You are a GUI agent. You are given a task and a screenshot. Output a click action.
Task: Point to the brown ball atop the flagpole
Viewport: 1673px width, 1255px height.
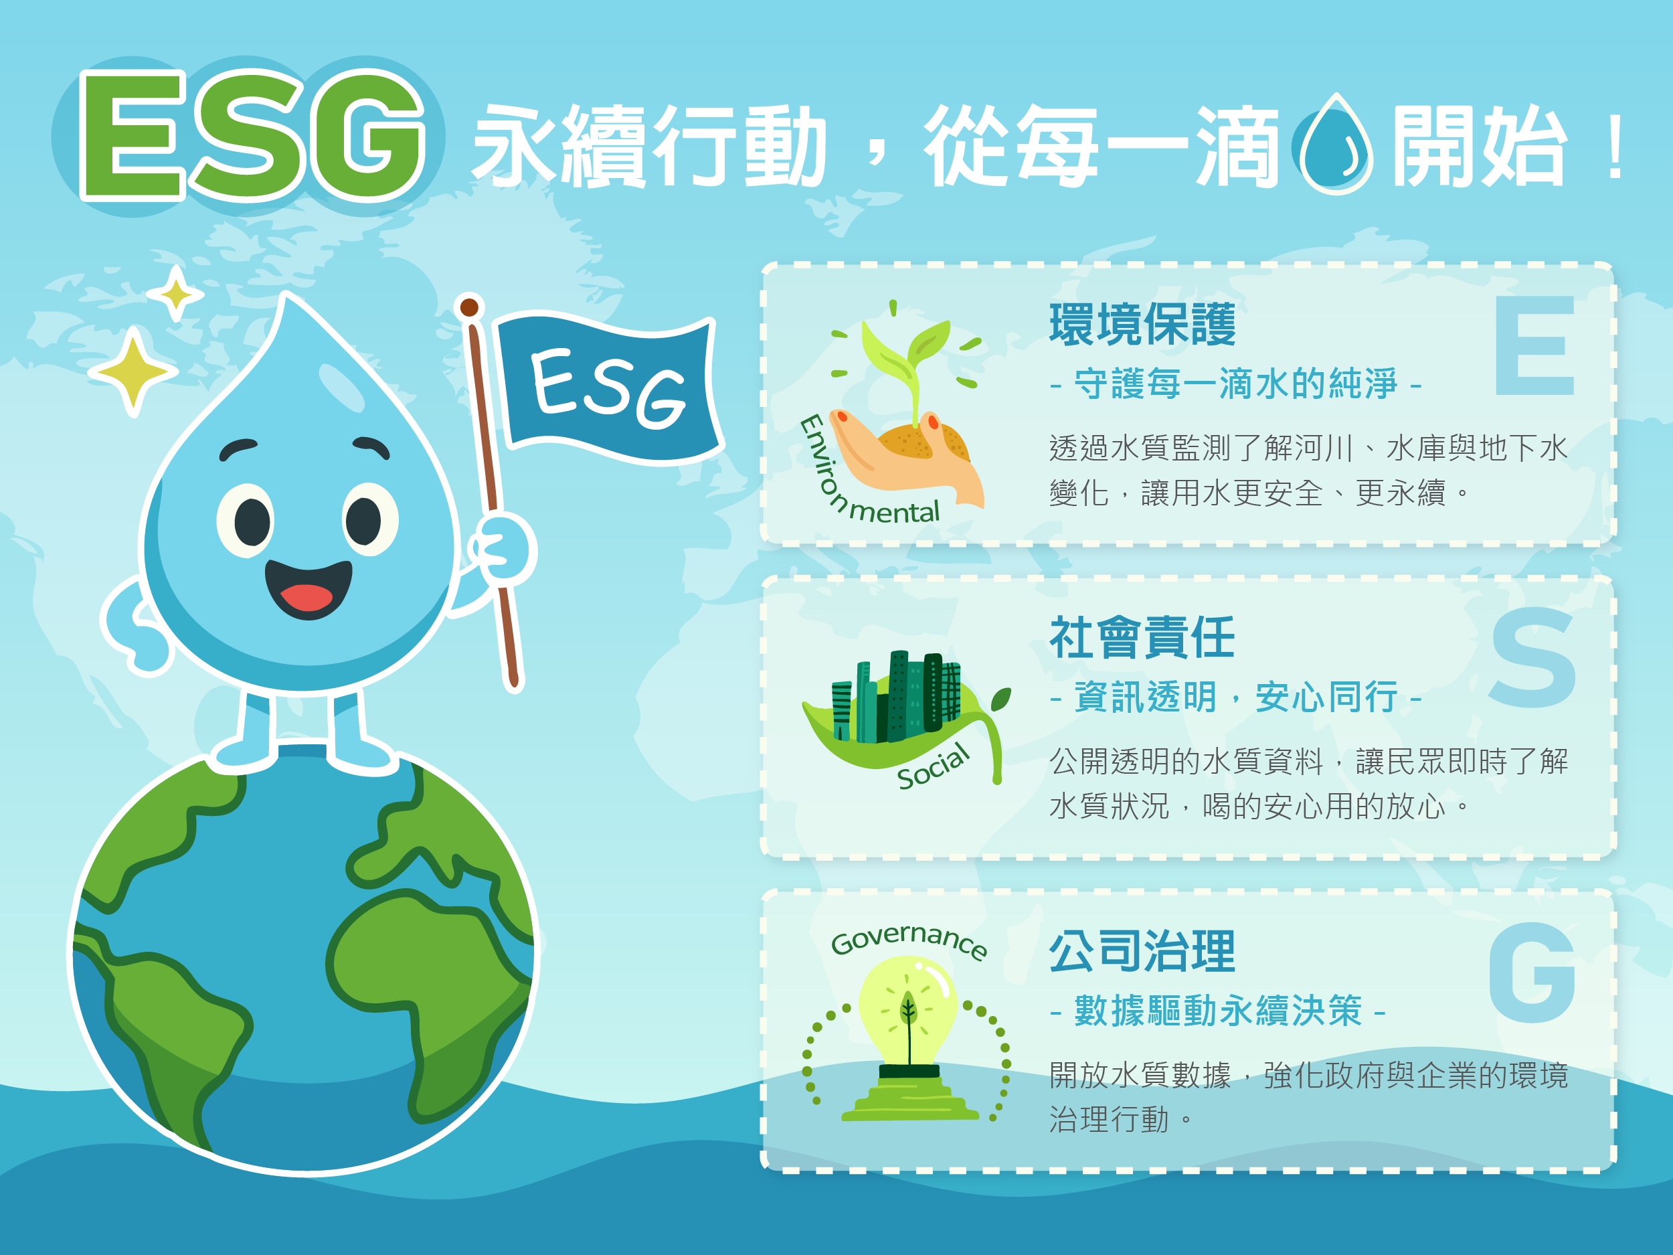(469, 307)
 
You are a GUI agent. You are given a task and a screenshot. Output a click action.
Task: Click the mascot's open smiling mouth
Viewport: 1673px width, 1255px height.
(309, 588)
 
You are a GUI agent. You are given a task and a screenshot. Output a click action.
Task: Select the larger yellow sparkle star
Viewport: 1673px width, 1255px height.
(133, 371)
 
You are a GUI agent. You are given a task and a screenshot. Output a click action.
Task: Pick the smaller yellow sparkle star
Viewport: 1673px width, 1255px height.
(176, 294)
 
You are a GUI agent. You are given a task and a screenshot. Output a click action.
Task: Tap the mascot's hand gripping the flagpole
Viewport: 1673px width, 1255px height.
(501, 548)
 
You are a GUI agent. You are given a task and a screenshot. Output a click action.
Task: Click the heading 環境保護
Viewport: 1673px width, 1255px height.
(1142, 325)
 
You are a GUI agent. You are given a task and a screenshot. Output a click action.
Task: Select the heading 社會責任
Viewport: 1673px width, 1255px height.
(1142, 638)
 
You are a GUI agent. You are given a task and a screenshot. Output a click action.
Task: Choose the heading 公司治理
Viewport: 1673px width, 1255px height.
(1142, 951)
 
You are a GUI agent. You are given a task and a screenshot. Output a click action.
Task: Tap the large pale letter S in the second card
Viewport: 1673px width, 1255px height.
(1533, 657)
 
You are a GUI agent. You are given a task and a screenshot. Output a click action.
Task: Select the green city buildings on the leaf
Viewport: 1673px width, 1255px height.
(896, 697)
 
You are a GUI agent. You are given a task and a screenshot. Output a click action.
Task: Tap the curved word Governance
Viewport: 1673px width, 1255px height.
(909, 941)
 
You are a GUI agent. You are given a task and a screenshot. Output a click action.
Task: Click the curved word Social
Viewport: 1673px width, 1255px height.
(934, 766)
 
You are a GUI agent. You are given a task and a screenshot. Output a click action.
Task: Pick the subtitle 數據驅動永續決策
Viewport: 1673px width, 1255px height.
(1218, 1011)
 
